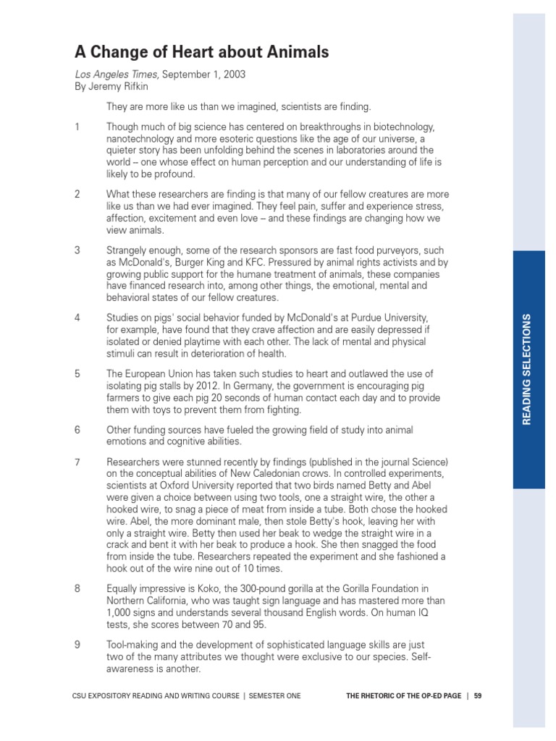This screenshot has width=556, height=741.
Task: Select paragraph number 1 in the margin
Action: click(77, 127)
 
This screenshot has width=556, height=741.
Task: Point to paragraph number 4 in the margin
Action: click(77, 318)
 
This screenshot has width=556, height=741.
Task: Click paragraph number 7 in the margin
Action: click(77, 462)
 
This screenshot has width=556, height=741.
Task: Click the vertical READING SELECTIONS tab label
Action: click(528, 369)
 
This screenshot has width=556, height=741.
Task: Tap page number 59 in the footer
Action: click(479, 695)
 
